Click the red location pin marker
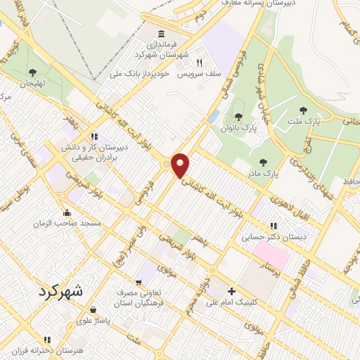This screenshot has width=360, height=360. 181,165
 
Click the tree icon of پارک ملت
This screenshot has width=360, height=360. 303,110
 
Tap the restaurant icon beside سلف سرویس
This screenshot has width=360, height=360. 199,62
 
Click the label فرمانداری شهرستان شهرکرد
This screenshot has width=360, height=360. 162,50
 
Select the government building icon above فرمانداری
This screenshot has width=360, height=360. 162,34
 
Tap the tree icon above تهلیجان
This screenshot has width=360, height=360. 33,72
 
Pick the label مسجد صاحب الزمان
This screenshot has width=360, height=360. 67,223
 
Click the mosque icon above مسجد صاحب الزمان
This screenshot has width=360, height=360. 67,212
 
